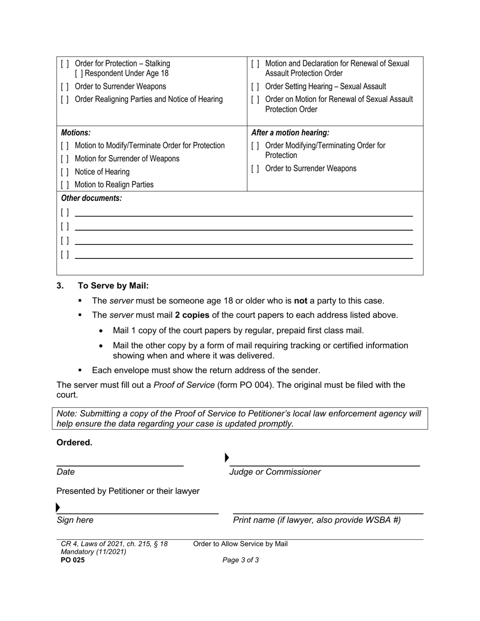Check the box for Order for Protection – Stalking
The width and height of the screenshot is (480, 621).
pyautogui.click(x=65, y=64)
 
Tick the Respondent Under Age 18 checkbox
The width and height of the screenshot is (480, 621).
pyautogui.click(x=78, y=74)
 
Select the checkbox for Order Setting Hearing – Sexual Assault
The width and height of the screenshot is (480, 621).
pyautogui.click(x=255, y=87)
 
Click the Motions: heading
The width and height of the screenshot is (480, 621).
pyautogui.click(x=76, y=133)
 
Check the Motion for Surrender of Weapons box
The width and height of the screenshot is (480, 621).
pyautogui.click(x=65, y=159)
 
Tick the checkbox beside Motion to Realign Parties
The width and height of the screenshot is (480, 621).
pyautogui.click(x=65, y=185)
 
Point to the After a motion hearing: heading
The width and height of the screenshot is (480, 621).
pyautogui.click(x=290, y=133)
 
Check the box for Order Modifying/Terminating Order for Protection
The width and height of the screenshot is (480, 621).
pyautogui.click(x=255, y=146)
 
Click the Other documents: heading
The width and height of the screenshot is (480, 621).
pyautogui.click(x=91, y=198)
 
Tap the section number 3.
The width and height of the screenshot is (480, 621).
pyautogui.click(x=60, y=286)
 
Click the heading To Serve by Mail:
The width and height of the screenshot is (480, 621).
pyautogui.click(x=113, y=286)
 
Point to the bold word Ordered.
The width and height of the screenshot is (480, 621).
pyautogui.click(x=74, y=443)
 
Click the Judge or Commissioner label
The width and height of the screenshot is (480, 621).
pyautogui.click(x=275, y=472)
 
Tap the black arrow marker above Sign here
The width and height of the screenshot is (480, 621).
pyautogui.click(x=58, y=507)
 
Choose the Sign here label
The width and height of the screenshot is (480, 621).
pyautogui.click(x=75, y=520)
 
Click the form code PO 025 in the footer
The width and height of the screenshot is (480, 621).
pyautogui.click(x=73, y=560)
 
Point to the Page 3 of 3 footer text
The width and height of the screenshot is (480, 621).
pyautogui.click(x=241, y=560)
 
